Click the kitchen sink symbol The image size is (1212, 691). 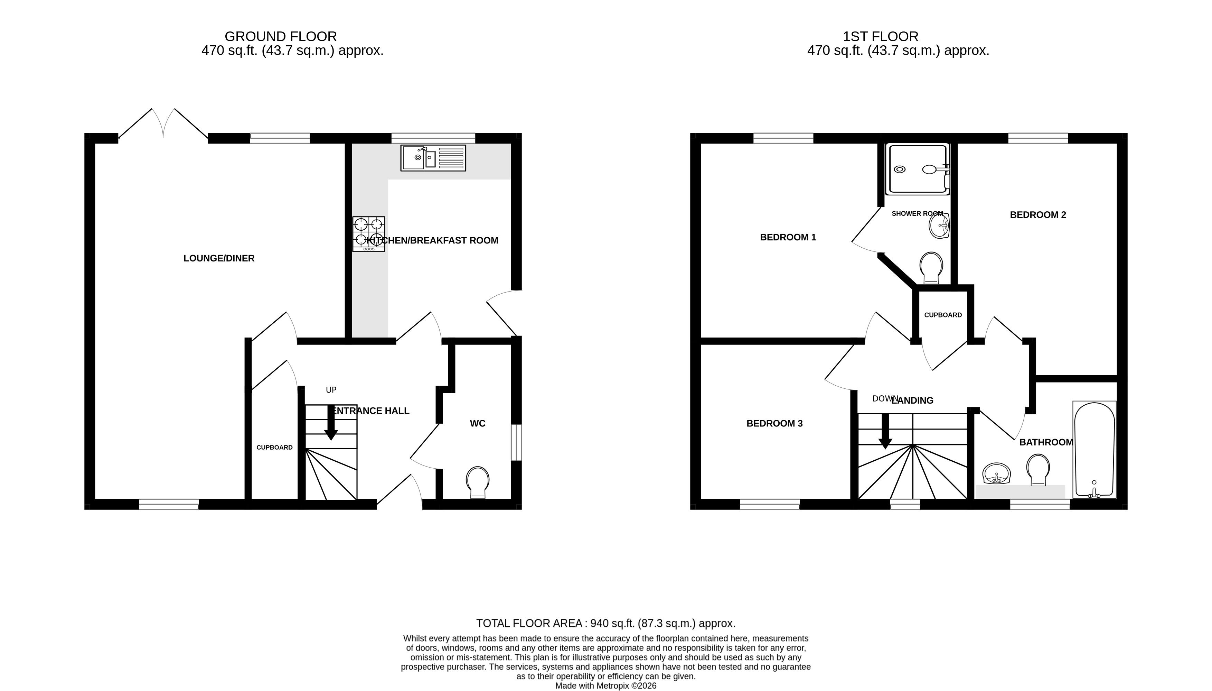433,158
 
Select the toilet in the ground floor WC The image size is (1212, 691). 478,482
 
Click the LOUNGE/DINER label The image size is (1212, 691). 219,258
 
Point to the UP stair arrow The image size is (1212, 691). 331,422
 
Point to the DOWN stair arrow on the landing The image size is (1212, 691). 885,431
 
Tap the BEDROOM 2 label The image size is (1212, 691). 1038,215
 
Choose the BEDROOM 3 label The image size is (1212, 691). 774,423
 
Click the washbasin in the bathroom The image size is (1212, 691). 997,474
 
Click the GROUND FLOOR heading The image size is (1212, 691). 281,37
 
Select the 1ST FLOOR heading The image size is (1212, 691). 881,37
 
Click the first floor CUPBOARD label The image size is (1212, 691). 943,315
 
